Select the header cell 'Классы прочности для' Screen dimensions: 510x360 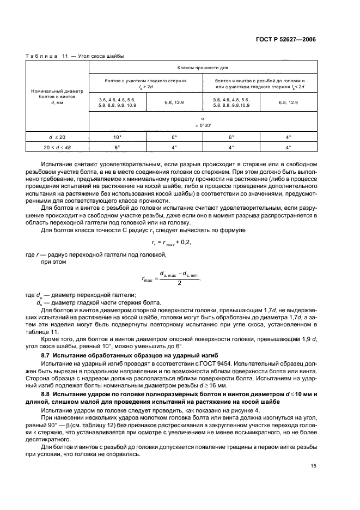[202, 68]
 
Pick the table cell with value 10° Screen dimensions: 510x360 [117, 137]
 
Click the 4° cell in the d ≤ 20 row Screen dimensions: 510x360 [289, 137]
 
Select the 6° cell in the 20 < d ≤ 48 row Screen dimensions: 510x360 [117, 147]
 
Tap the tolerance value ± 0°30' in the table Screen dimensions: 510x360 [202, 125]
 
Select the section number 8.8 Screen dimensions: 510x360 [48, 393]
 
